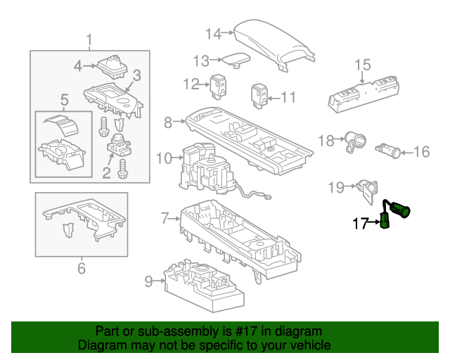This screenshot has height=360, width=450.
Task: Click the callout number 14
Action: coord(213,32)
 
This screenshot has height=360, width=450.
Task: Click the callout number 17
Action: coord(359,224)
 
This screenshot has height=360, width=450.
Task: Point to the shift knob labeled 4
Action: coord(111,67)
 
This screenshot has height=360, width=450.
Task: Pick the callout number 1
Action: coord(89,39)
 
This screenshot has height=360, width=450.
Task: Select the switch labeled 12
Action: coord(218,84)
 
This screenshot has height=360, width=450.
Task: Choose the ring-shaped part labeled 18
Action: coord(354,141)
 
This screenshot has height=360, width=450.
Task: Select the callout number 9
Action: coord(148,282)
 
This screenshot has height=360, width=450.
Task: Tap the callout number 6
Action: coord(81,267)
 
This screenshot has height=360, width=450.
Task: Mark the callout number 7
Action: coord(165,218)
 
